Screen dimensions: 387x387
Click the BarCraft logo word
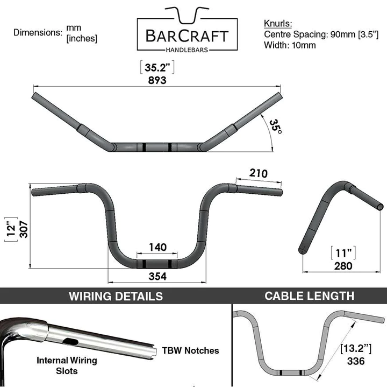pos(187,36)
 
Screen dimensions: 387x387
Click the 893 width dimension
pos(158,80)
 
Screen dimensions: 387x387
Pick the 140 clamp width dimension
pos(158,247)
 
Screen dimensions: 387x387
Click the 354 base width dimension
pos(158,276)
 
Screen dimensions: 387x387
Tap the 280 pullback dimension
pos(342,265)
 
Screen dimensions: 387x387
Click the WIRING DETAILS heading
pos(116,296)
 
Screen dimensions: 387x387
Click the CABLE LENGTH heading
pos(309,295)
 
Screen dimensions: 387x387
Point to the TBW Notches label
pos(191,350)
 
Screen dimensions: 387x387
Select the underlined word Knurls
pos(278,24)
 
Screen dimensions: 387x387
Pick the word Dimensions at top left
pos(38,32)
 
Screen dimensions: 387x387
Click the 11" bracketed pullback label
pos(342,252)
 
